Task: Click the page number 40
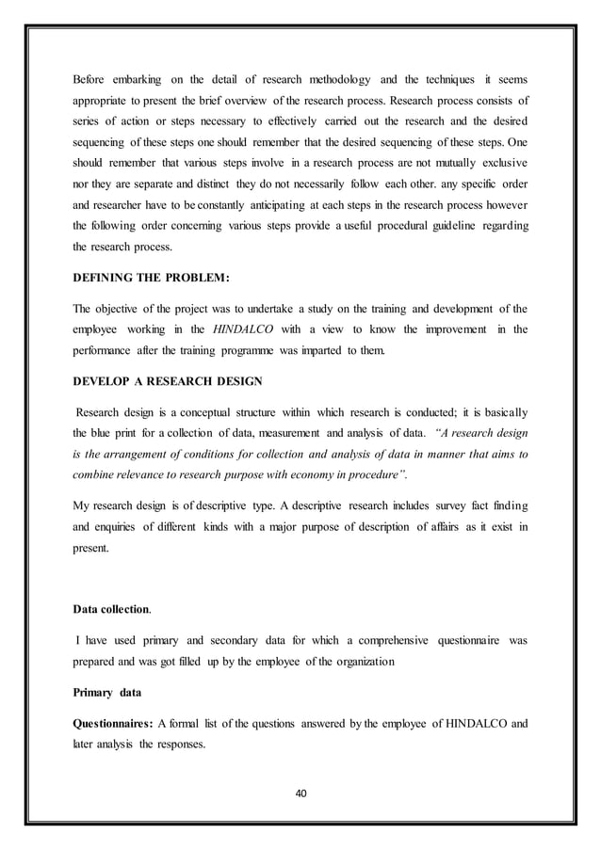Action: coord(300,793)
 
